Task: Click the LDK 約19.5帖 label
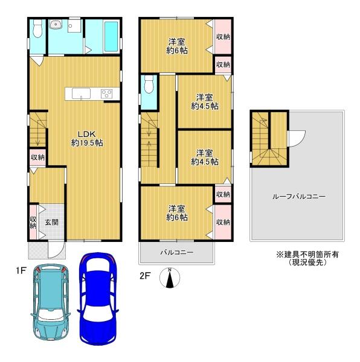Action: pos(87,139)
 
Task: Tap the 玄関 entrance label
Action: pos(51,222)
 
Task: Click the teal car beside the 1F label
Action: pos(50,302)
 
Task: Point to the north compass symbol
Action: pos(170,278)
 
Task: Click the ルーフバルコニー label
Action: pos(299,197)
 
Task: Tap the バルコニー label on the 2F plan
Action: pos(177,252)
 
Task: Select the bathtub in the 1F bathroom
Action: pos(111,36)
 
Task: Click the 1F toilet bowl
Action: pos(37,28)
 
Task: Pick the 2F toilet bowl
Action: pos(149,84)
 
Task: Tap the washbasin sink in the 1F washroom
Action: pos(56,25)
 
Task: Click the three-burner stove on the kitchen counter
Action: pos(107,94)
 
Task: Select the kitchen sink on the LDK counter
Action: pos(81,94)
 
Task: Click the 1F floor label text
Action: pos(21,270)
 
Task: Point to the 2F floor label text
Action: pos(145,276)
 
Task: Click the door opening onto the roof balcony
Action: pos(297,139)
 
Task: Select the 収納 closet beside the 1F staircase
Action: pos(37,157)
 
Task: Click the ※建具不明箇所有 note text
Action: pos(307,255)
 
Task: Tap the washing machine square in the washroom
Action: pos(74,25)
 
